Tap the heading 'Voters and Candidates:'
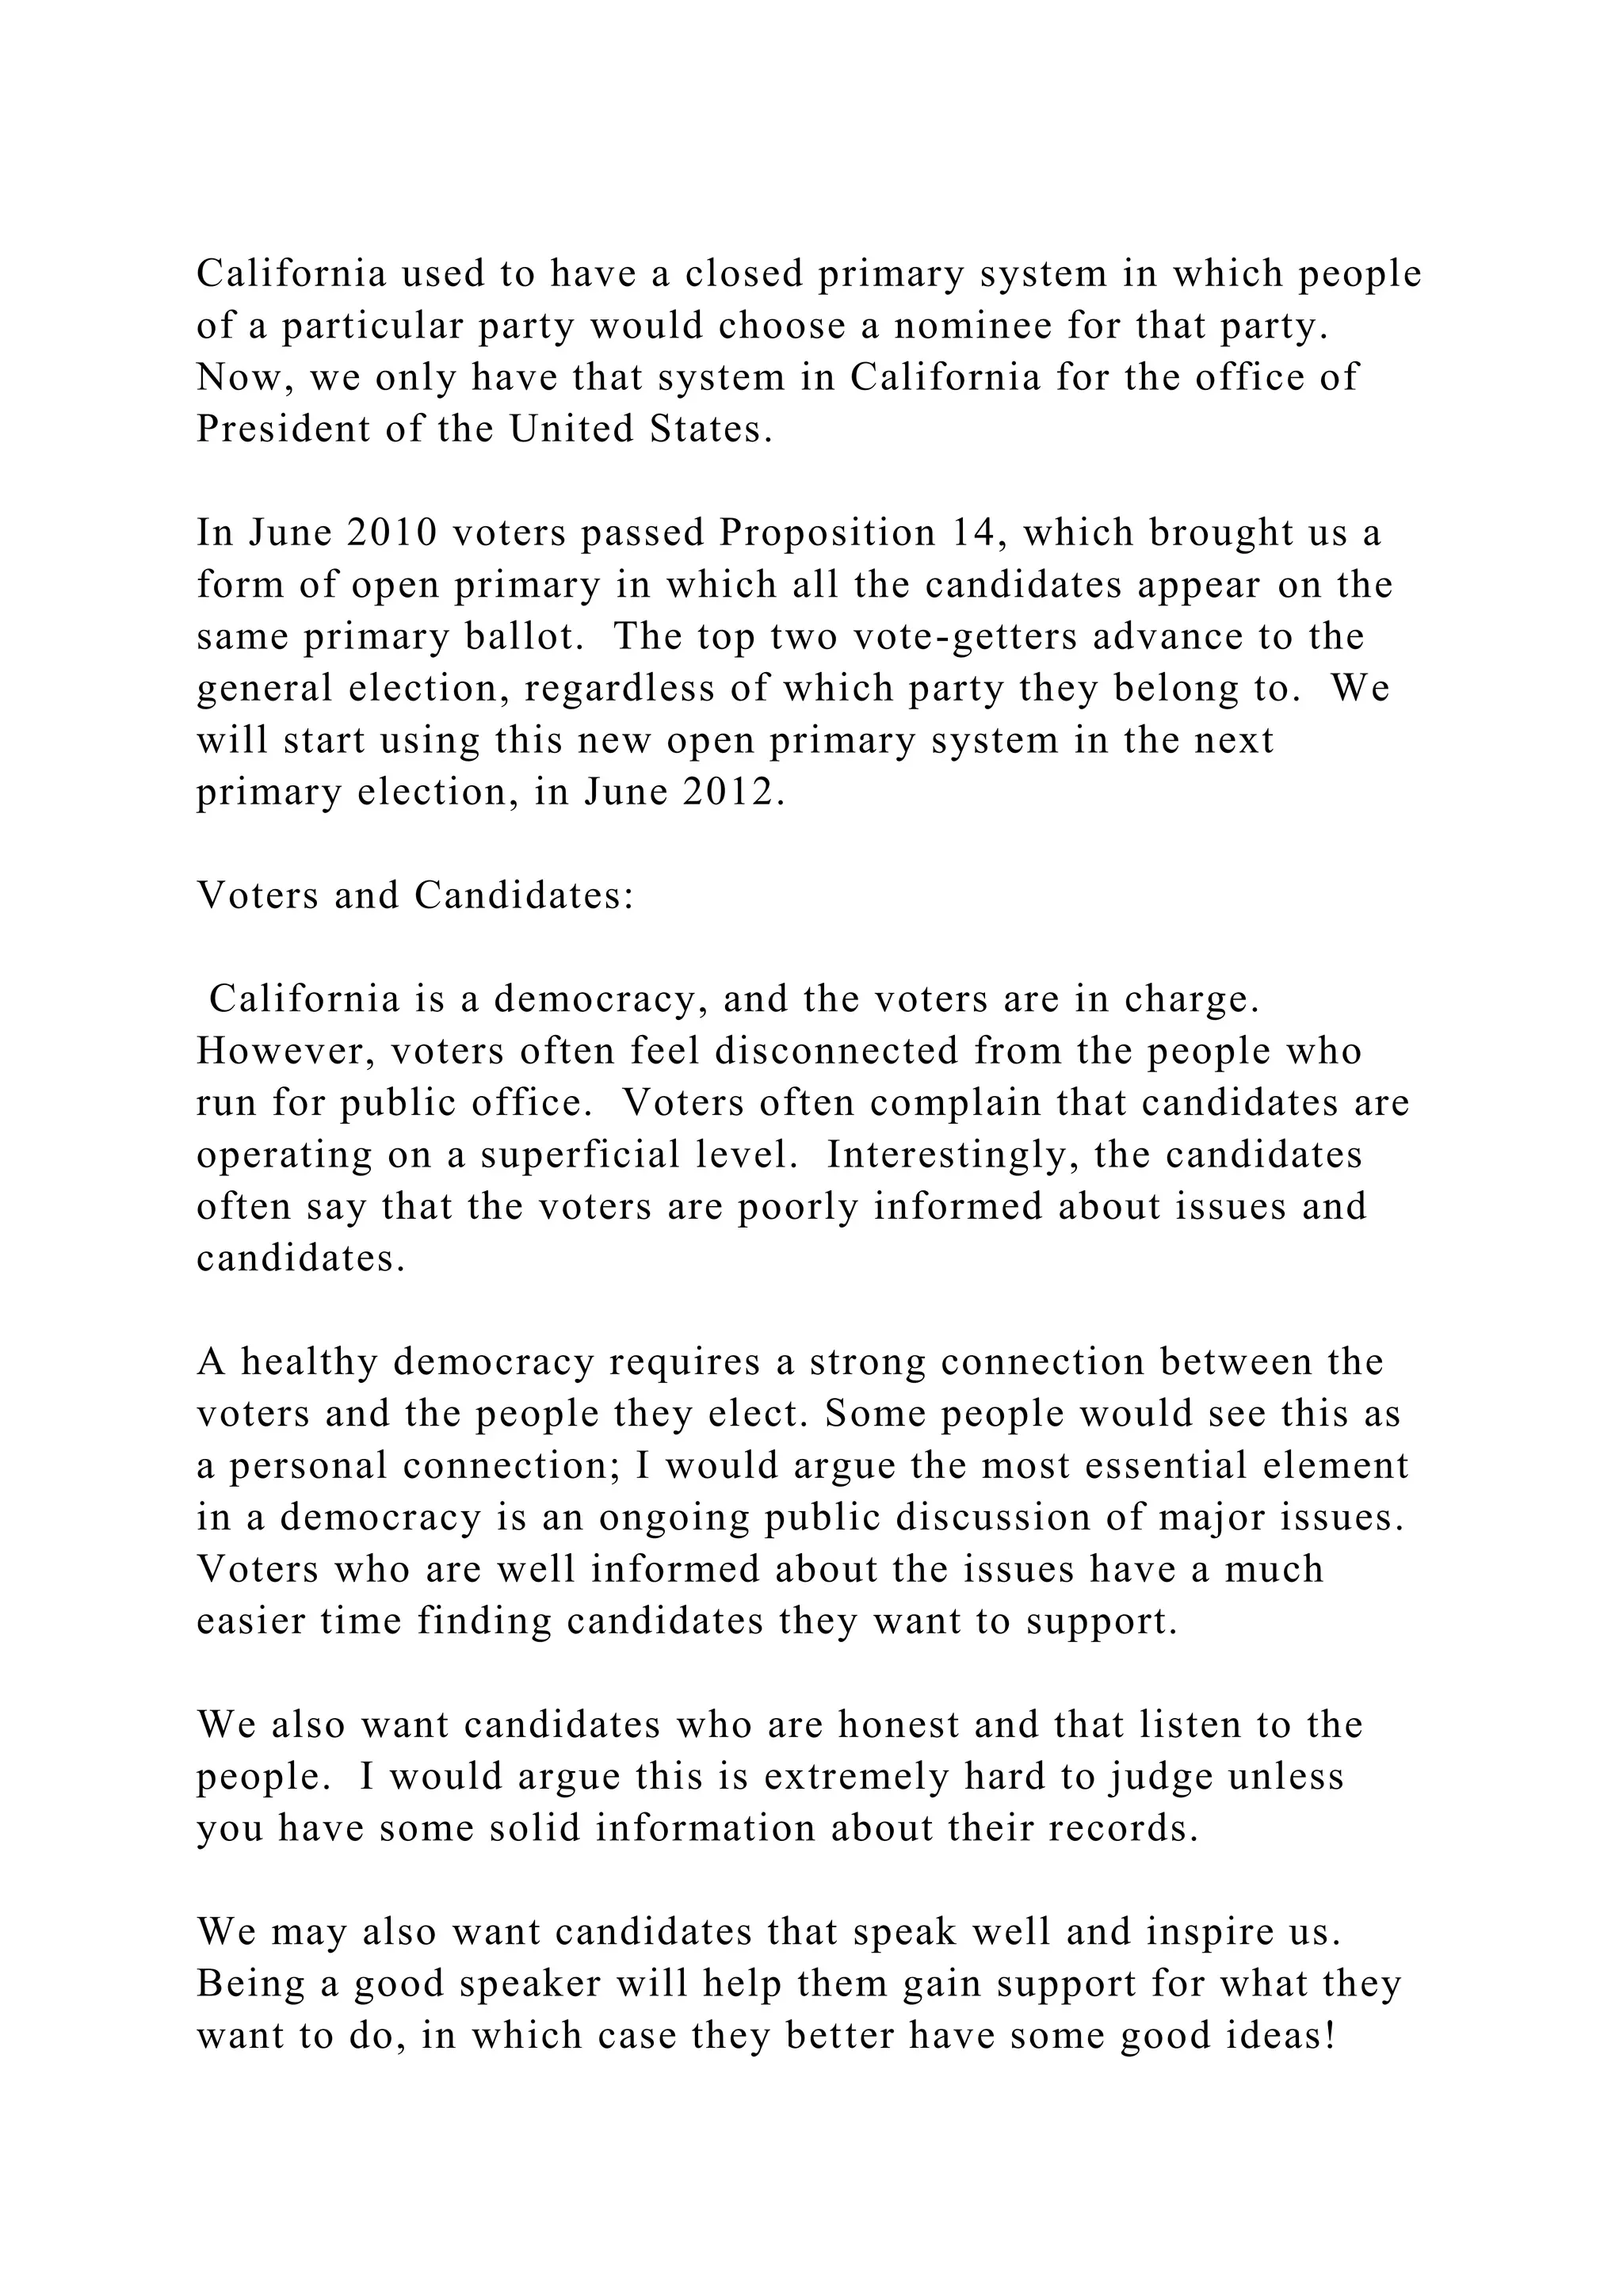[414, 895]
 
